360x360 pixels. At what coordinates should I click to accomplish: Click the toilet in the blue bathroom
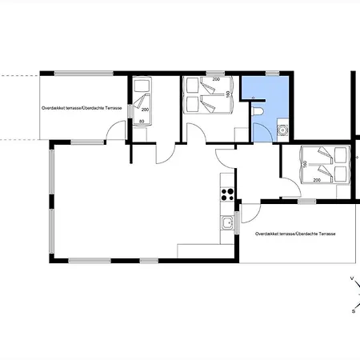258,111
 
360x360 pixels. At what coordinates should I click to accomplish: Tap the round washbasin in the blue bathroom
282,130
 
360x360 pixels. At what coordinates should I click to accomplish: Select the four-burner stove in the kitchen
227,194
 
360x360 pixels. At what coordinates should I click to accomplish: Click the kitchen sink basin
227,222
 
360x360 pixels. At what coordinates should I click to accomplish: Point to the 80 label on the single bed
142,122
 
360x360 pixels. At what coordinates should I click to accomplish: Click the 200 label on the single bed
146,110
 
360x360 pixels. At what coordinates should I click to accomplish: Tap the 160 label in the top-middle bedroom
228,94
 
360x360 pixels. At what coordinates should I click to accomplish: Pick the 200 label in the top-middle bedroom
216,79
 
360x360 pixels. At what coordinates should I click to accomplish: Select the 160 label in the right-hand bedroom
305,164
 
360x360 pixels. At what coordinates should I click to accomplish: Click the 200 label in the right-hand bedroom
317,180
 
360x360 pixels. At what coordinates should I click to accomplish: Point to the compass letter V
352,278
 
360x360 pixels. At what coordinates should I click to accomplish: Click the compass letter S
354,311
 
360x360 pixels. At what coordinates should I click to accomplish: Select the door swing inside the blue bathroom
262,133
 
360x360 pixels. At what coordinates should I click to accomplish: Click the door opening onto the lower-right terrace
251,214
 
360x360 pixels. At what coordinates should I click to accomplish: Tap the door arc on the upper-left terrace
116,130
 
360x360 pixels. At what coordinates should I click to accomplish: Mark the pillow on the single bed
142,86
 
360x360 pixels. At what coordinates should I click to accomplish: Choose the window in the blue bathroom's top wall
272,74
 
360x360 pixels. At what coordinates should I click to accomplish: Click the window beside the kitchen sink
237,222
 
